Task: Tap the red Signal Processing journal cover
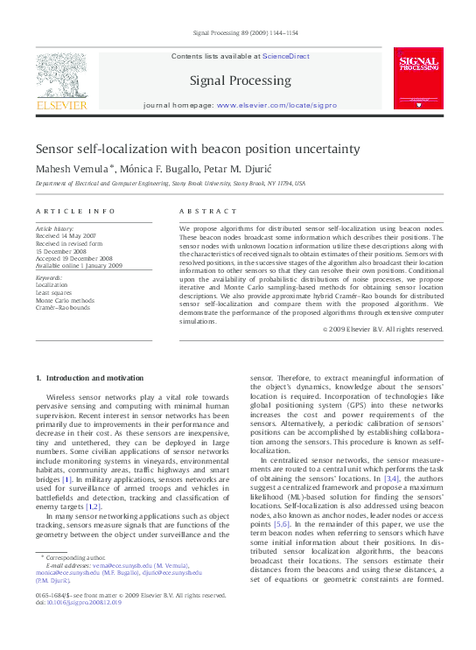418,78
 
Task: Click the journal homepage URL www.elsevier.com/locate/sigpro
276,105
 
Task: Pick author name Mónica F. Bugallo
161,167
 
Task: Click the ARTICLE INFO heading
75,212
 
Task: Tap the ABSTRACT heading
207,212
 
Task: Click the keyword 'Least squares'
53,292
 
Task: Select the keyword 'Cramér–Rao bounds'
63,307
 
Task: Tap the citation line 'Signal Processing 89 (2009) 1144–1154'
244,34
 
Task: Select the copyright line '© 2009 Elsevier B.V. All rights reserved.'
383,329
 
